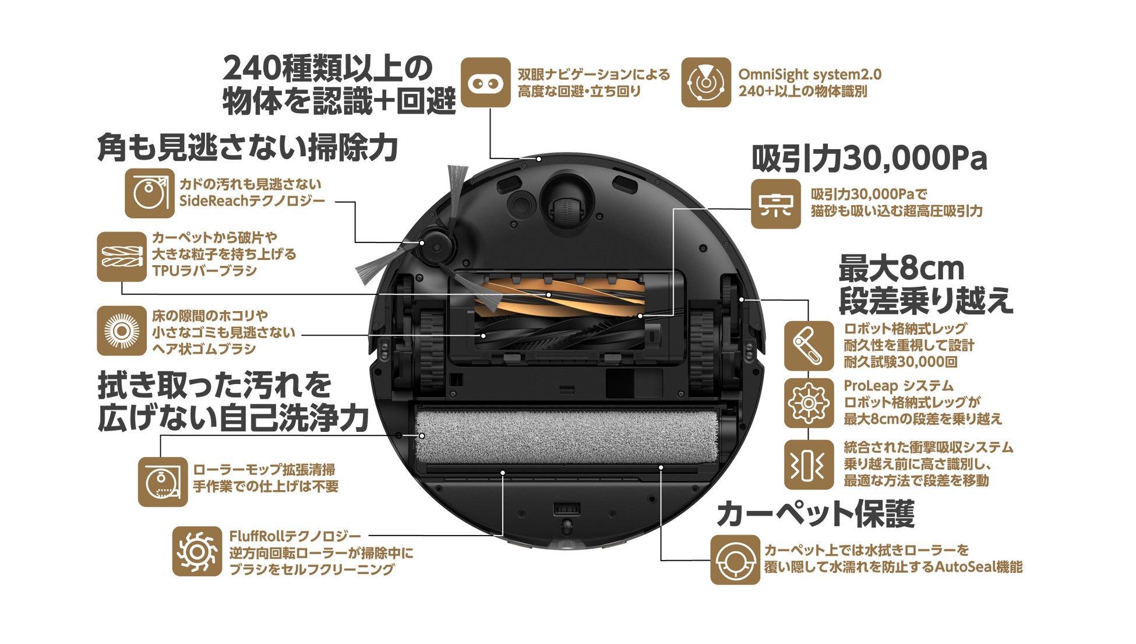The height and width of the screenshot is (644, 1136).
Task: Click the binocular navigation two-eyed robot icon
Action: pyautogui.click(x=485, y=82)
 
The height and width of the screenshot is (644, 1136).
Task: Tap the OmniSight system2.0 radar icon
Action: pyautogui.click(x=705, y=82)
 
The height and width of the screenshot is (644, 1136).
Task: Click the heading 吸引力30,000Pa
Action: pyautogui.click(x=869, y=158)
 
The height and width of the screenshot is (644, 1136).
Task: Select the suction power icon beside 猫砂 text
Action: pyautogui.click(x=775, y=204)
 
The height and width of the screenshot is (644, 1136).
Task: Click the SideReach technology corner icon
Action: pyautogui.click(x=149, y=193)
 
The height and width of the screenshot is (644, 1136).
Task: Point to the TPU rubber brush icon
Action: pyautogui.click(x=121, y=256)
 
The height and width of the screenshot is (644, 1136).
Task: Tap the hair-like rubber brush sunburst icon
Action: pyautogui.click(x=121, y=330)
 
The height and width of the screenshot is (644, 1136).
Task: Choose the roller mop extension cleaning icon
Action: pyautogui.click(x=163, y=481)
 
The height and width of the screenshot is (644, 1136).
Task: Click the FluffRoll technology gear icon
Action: pyautogui.click(x=197, y=551)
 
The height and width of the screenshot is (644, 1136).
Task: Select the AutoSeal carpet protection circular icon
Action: pyautogui.click(x=735, y=559)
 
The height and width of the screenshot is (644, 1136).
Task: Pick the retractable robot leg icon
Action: pyautogui.click(x=808, y=346)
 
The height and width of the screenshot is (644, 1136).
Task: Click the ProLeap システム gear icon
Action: pyautogui.click(x=808, y=403)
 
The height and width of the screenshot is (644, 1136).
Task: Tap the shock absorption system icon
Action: pyautogui.click(x=808, y=464)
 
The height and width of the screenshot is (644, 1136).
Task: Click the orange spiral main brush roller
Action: pyautogui.click(x=559, y=298)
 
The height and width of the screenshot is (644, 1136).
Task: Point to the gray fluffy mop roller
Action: pyautogui.click(x=565, y=436)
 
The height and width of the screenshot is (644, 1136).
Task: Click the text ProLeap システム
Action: pyautogui.click(x=898, y=386)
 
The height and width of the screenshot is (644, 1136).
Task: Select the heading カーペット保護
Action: pyautogui.click(x=815, y=514)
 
